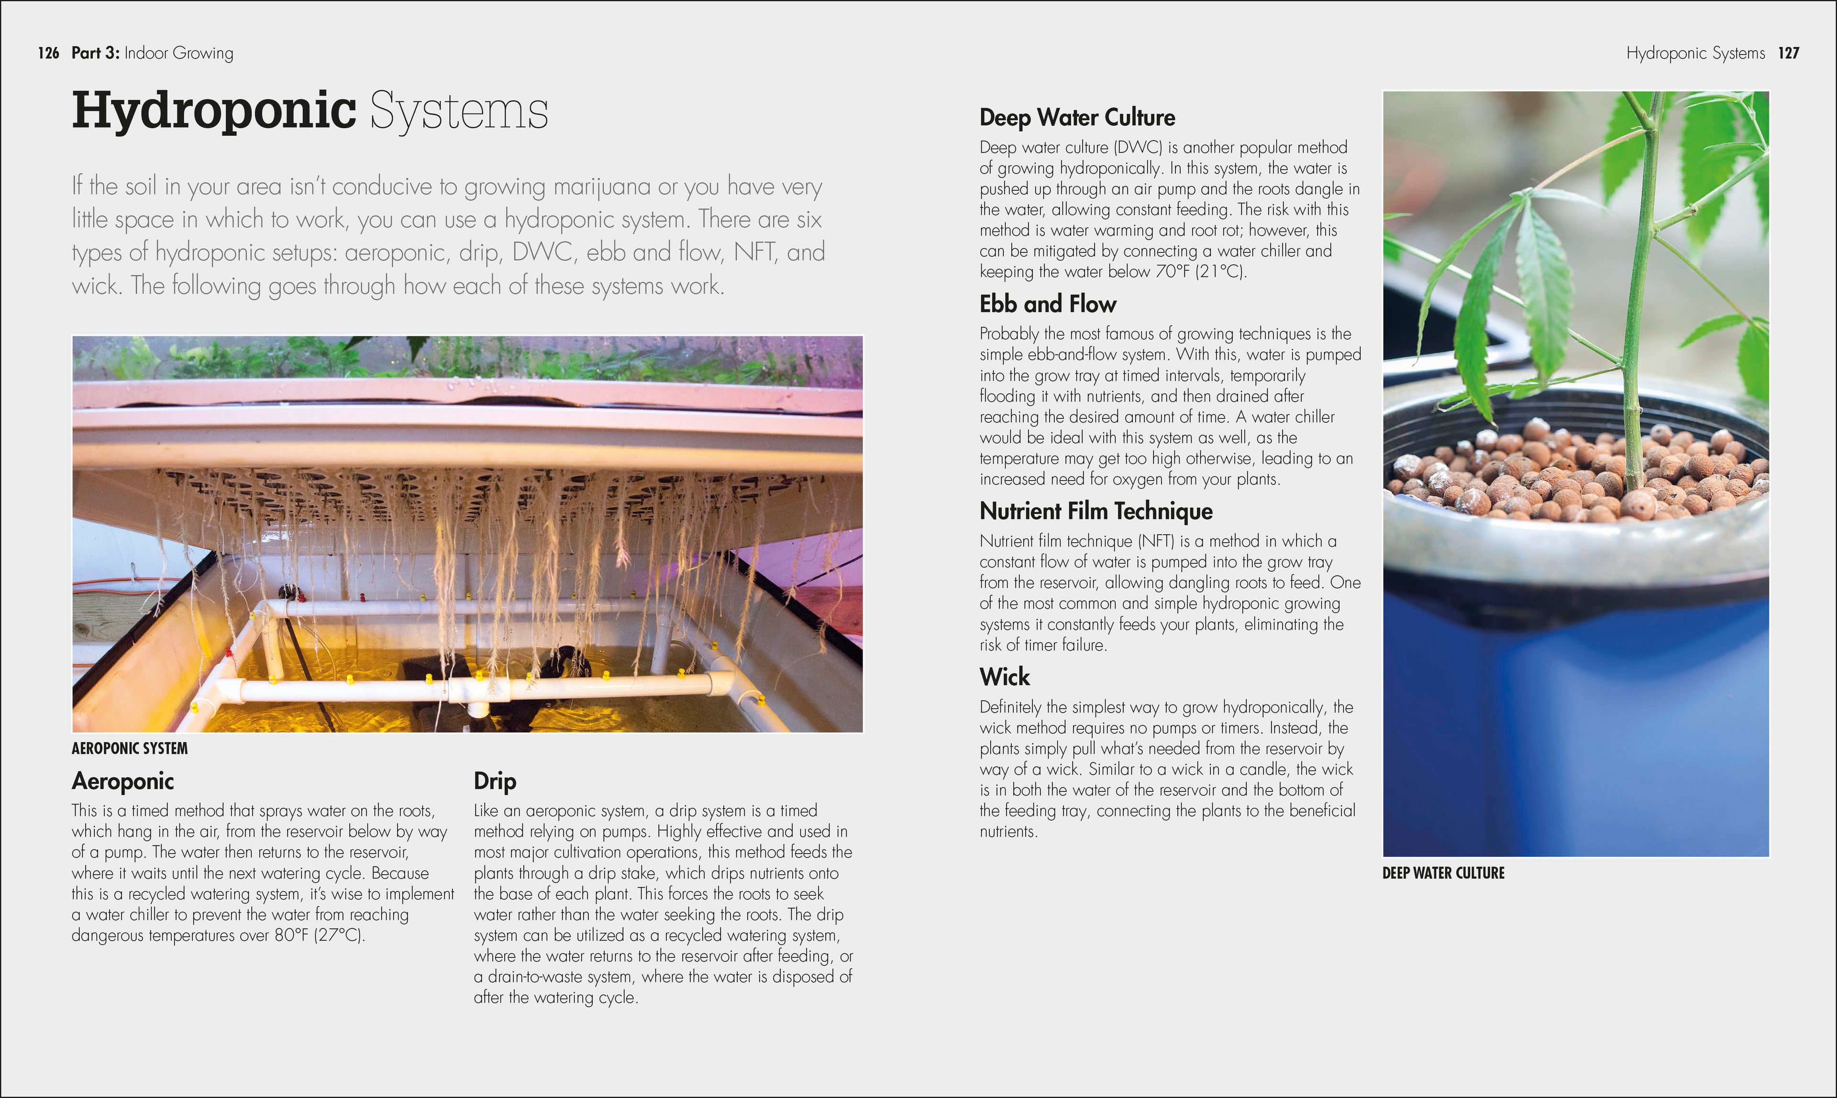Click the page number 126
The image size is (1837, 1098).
pos(48,53)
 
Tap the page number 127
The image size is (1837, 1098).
pos(1788,53)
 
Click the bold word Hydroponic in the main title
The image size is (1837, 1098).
pos(214,111)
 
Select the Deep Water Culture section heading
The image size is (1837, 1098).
pos(1077,118)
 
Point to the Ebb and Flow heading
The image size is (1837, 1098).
pos(1047,304)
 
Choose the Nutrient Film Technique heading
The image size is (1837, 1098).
pos(1096,511)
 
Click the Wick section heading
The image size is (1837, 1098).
pos(1004,677)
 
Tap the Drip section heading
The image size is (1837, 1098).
pos(494,781)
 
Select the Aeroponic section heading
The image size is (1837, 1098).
pos(123,781)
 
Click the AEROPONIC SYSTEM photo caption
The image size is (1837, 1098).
pos(130,749)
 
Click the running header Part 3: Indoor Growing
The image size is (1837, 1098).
pos(153,53)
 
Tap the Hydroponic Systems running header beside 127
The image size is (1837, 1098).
pos(1695,53)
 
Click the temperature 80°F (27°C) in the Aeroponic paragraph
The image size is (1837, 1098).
pos(319,936)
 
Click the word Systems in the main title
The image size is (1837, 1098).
pos(459,111)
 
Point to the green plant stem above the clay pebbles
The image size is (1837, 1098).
pos(1638,296)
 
